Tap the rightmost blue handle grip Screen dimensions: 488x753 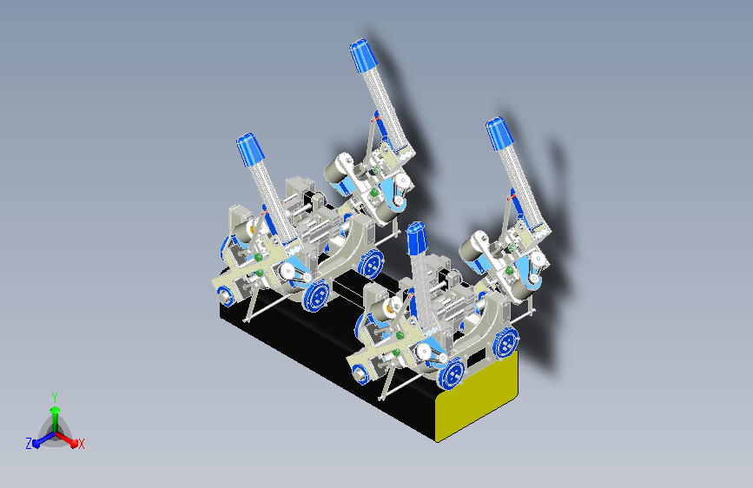[x=499, y=133]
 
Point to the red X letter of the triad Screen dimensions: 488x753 [x=82, y=444]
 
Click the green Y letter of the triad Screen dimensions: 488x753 [x=54, y=395]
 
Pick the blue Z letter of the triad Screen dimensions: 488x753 [x=29, y=444]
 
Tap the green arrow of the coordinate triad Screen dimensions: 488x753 [x=54, y=412]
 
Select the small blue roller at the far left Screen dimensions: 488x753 [x=225, y=295]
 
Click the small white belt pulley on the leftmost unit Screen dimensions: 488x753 [x=285, y=272]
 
